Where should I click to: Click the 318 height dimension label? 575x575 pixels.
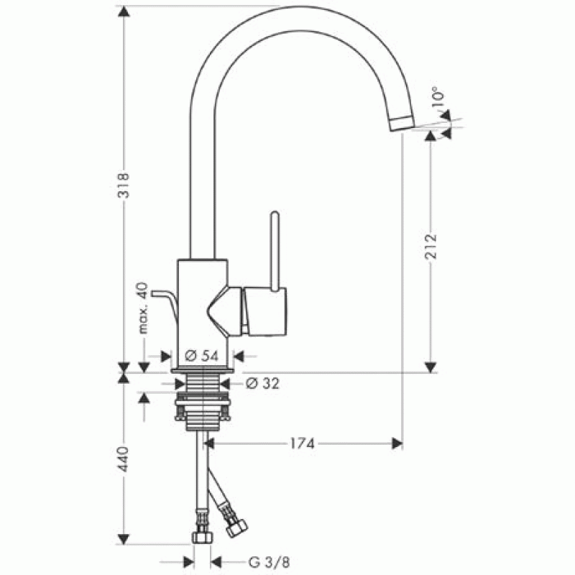point(124,185)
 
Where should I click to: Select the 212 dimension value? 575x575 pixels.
point(431,246)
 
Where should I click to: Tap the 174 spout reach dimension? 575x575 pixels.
point(303,443)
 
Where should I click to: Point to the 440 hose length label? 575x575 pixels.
point(124,459)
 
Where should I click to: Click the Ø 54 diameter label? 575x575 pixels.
point(202,356)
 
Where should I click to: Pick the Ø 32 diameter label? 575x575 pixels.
point(262,384)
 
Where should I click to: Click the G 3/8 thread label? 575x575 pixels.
point(269,562)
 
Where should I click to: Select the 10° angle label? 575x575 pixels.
point(438,97)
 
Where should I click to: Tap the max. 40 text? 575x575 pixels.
point(142,308)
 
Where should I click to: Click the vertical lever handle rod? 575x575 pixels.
point(275,252)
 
